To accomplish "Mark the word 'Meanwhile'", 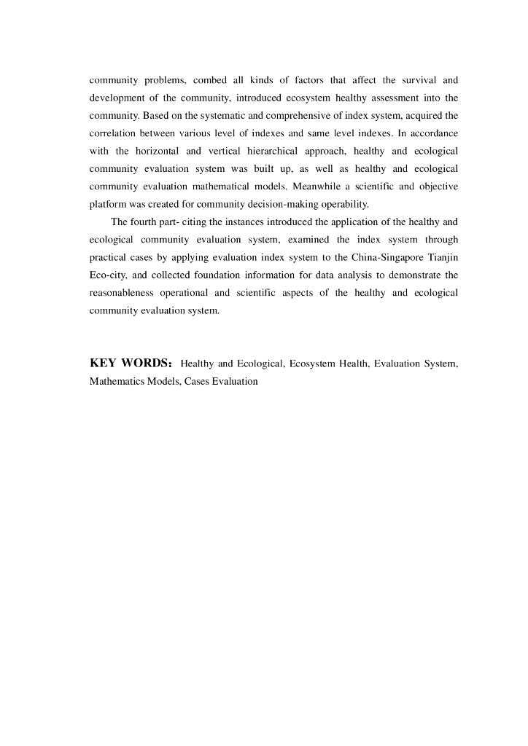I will click(318, 186).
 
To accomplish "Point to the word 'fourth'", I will click(145, 222).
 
